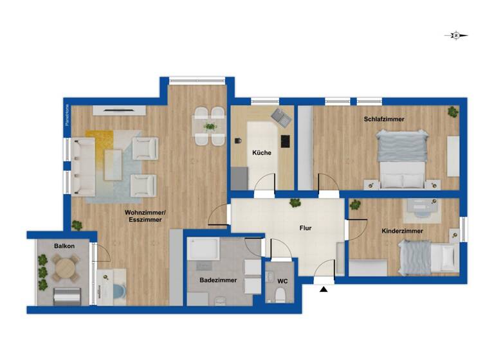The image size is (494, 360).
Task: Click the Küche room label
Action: click(x=262, y=153)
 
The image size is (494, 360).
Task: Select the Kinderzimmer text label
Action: click(x=402, y=230)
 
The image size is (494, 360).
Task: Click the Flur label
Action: click(x=306, y=228)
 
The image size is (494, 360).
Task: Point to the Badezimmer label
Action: click(x=218, y=280)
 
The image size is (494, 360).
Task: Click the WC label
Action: click(x=282, y=281)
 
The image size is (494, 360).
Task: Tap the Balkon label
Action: click(x=64, y=246)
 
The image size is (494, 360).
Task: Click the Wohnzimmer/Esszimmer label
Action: click(x=143, y=215)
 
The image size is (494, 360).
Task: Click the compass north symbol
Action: click(x=456, y=36)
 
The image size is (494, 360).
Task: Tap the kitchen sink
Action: click(x=279, y=116)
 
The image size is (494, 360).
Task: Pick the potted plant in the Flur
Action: click(x=295, y=203)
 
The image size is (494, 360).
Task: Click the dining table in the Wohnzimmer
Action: click(x=210, y=123)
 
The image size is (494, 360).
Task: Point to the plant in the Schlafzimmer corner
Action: click(x=453, y=112)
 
